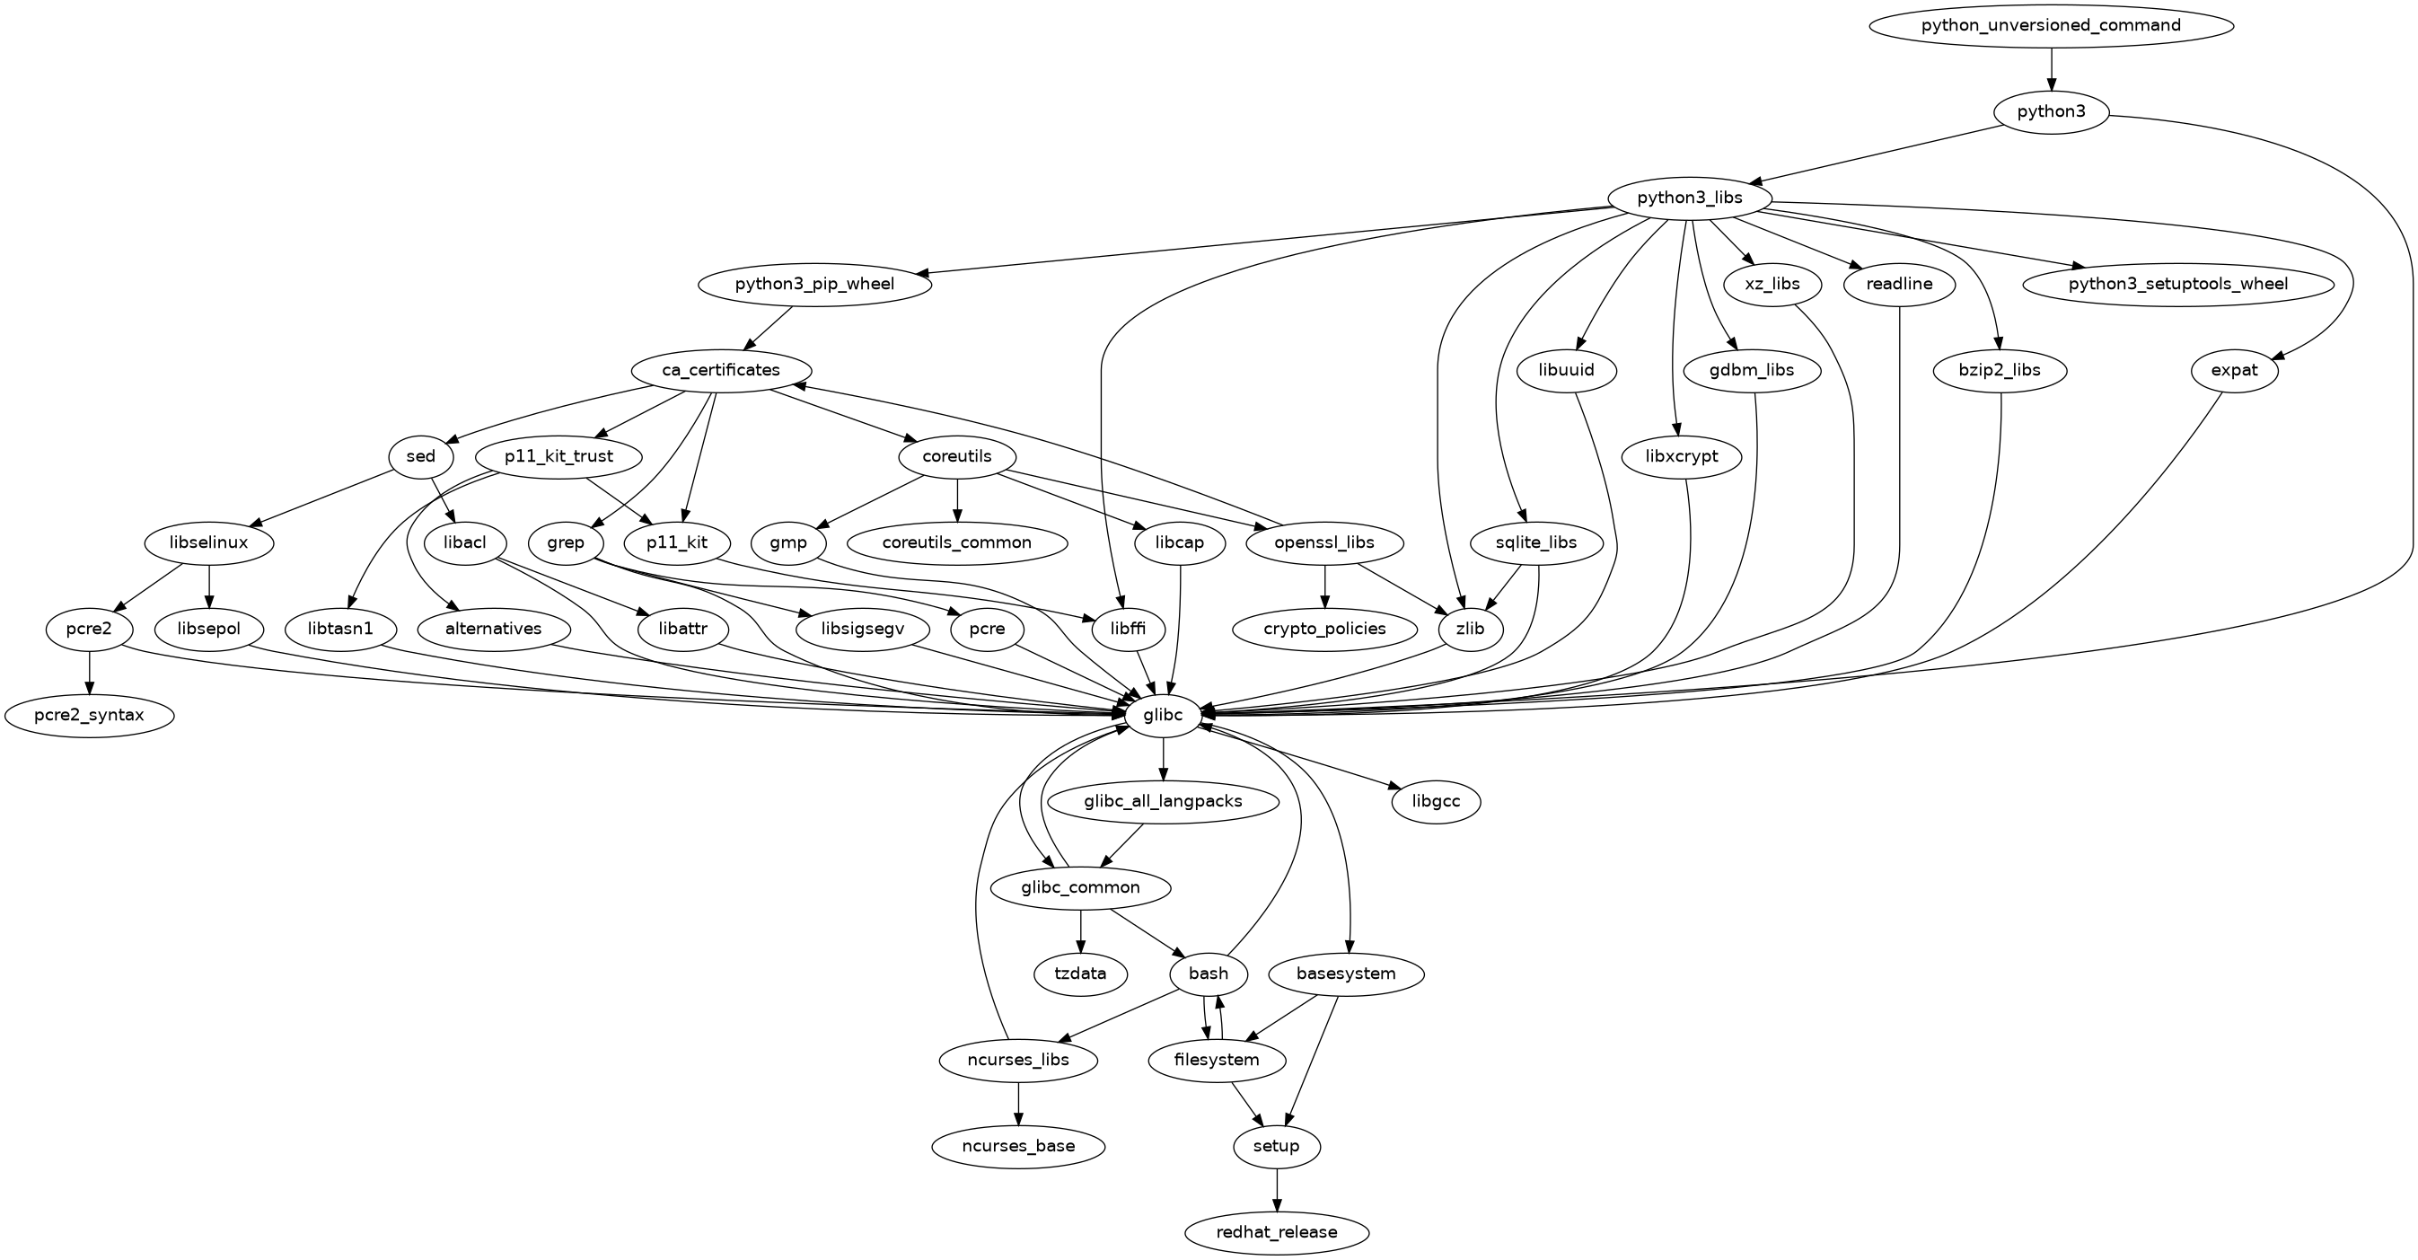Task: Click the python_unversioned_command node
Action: (x=2050, y=25)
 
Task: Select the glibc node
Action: (x=1163, y=716)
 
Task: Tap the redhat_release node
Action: (x=1276, y=1232)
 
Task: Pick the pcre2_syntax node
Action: (x=89, y=716)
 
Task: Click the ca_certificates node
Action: (x=721, y=370)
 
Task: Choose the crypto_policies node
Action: (x=1324, y=629)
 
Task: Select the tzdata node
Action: (x=1080, y=974)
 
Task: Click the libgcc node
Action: (x=1436, y=802)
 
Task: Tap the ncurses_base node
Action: (x=1018, y=1146)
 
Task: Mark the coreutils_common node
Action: (x=956, y=542)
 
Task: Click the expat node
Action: (x=2234, y=370)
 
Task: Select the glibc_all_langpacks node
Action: (x=1163, y=802)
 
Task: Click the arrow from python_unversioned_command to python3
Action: (x=2050, y=71)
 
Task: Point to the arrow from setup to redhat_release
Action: (x=1276, y=1190)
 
